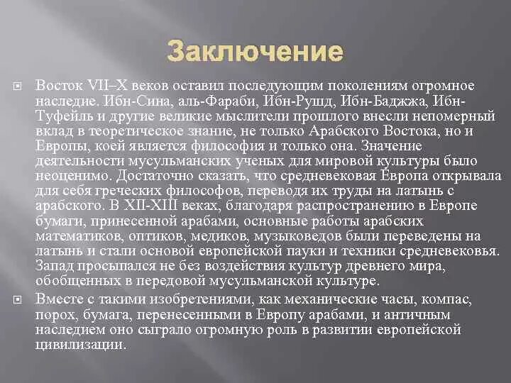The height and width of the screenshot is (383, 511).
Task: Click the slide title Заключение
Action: tap(255, 52)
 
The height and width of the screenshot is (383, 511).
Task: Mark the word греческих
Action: tap(121, 191)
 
